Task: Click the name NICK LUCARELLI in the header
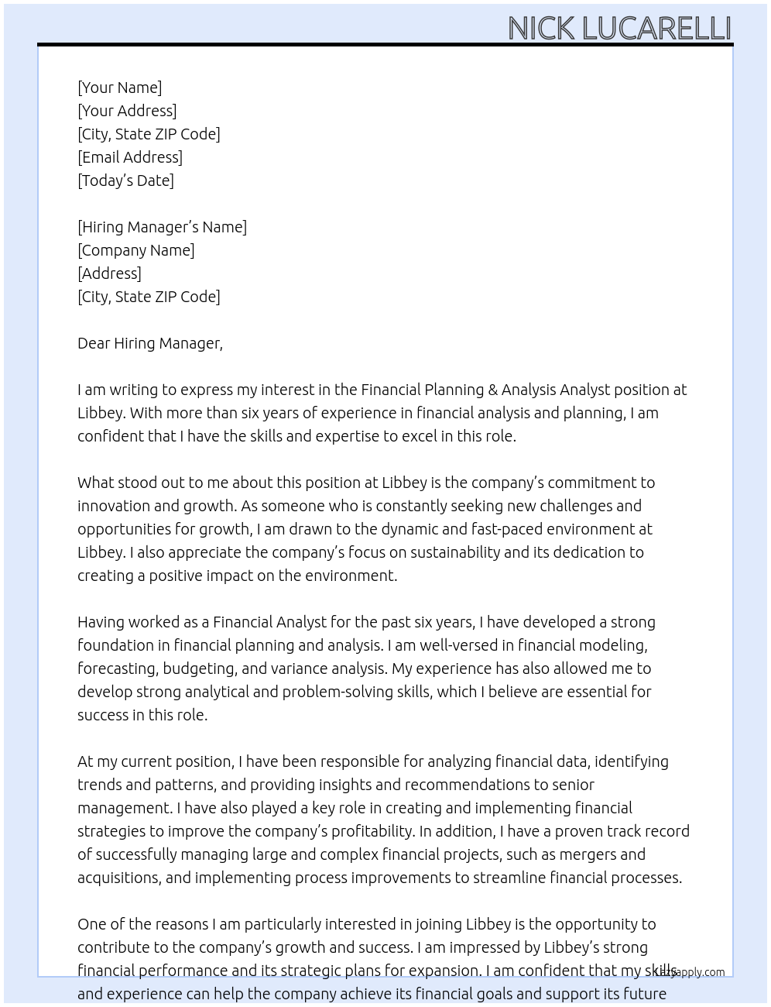619,28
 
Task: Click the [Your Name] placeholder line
119,88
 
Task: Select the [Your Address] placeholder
127,111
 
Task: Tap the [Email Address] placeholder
130,157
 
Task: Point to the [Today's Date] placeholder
125,180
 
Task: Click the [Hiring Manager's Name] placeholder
162,227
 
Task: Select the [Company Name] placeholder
135,250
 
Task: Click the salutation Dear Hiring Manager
149,343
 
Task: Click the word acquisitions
118,878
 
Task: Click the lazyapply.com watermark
690,972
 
